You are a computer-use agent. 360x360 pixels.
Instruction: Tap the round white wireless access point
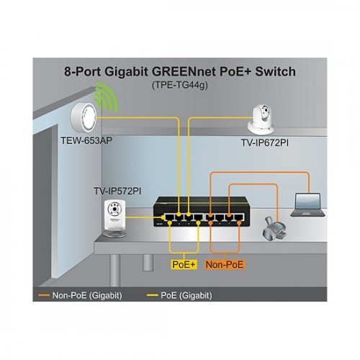pyautogui.click(x=85, y=114)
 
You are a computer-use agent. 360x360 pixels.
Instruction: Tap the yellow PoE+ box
pyautogui.click(x=184, y=265)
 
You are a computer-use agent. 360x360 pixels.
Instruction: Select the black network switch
pyautogui.click(x=198, y=212)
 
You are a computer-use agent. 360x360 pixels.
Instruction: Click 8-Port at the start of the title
pyautogui.click(x=86, y=71)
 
